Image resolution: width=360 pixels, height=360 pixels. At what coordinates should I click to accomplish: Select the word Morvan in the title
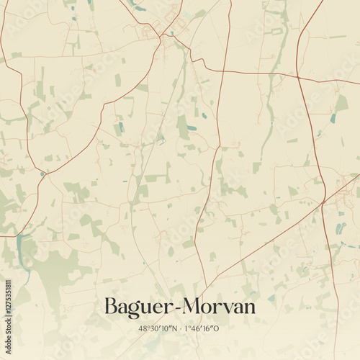219,306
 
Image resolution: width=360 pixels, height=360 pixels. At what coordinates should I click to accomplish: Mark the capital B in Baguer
112,306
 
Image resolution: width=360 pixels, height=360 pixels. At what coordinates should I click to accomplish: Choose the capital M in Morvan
193,306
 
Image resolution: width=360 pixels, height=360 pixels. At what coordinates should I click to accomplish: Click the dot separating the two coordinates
179,328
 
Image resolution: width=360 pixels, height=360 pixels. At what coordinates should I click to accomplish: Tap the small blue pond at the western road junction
43,174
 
